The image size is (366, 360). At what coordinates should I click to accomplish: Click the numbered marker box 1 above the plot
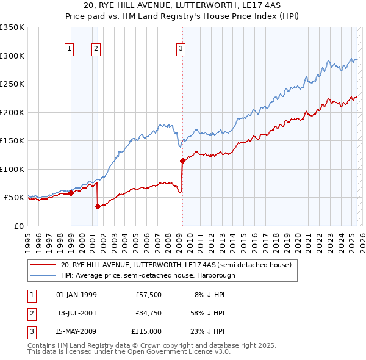coord(70,49)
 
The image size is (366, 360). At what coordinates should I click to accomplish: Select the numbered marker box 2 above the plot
coord(96,49)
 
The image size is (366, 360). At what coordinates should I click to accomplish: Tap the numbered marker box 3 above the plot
coord(181,49)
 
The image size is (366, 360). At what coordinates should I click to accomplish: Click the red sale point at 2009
coord(182,161)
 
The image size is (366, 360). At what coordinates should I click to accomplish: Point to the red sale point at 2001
coord(98,206)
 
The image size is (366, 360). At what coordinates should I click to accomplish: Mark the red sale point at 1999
coord(71,193)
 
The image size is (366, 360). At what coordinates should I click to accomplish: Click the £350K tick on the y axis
coord(12,27)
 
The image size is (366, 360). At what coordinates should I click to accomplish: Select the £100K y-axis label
coord(12,169)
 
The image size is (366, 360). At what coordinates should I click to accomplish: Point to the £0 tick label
coord(18,226)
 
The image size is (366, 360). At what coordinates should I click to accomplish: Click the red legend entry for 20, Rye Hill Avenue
coord(176,265)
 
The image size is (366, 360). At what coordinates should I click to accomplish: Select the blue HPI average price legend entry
coord(148,275)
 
